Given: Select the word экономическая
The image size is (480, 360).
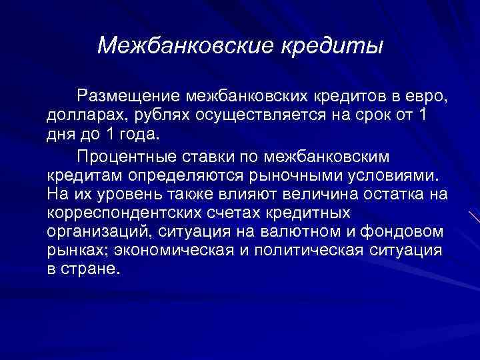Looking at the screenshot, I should click(x=171, y=251).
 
